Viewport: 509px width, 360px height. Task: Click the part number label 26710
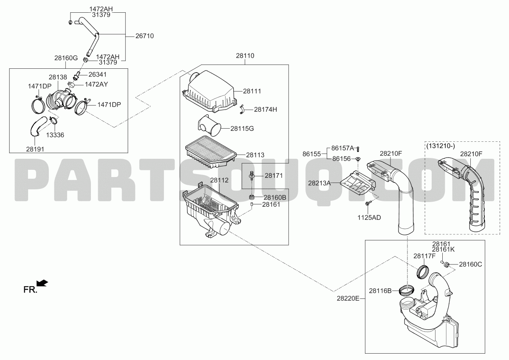pyautogui.click(x=144, y=36)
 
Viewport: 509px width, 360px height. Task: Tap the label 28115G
pyautogui.click(x=242, y=129)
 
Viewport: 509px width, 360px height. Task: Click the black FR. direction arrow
pyautogui.click(x=42, y=283)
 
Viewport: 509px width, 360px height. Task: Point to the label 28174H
pyautogui.click(x=266, y=110)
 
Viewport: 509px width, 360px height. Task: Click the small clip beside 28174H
pyautogui.click(x=241, y=110)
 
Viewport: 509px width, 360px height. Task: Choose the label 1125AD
pyautogui.click(x=369, y=218)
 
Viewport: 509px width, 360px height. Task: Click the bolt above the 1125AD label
pyautogui.click(x=368, y=203)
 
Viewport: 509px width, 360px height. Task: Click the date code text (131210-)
pyautogui.click(x=441, y=146)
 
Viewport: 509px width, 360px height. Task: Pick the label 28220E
pyautogui.click(x=348, y=298)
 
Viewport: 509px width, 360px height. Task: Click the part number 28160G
pyautogui.click(x=66, y=58)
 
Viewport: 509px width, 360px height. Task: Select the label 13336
pyautogui.click(x=55, y=135)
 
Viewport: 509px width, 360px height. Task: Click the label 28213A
pyautogui.click(x=320, y=183)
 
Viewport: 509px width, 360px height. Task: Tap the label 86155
pyautogui.click(x=311, y=154)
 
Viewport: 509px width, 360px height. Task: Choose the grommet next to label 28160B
pyautogui.click(x=251, y=197)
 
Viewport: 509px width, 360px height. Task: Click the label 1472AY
pyautogui.click(x=96, y=84)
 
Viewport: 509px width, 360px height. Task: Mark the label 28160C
pyautogui.click(x=470, y=264)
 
